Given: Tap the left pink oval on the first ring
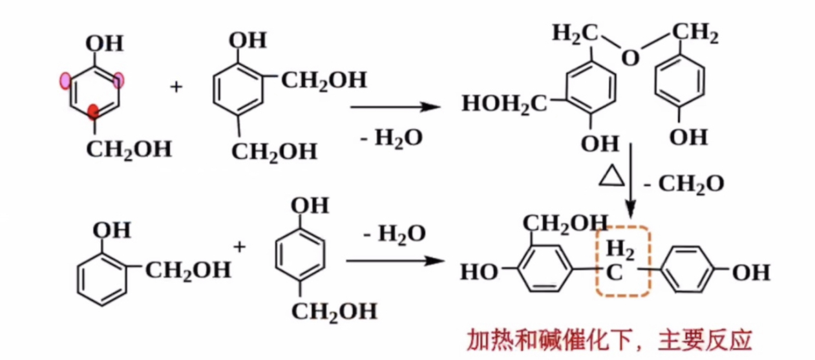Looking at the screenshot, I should click(65, 80).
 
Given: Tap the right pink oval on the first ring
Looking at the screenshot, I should click(119, 80).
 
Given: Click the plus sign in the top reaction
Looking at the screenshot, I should click(176, 86).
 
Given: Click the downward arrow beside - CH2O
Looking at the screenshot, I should click(631, 181).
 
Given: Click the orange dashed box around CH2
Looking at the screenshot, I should click(622, 262).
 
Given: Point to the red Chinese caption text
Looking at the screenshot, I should click(609, 340).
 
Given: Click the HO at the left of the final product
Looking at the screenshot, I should click(479, 272).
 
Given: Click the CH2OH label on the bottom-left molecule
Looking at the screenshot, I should click(187, 270).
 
